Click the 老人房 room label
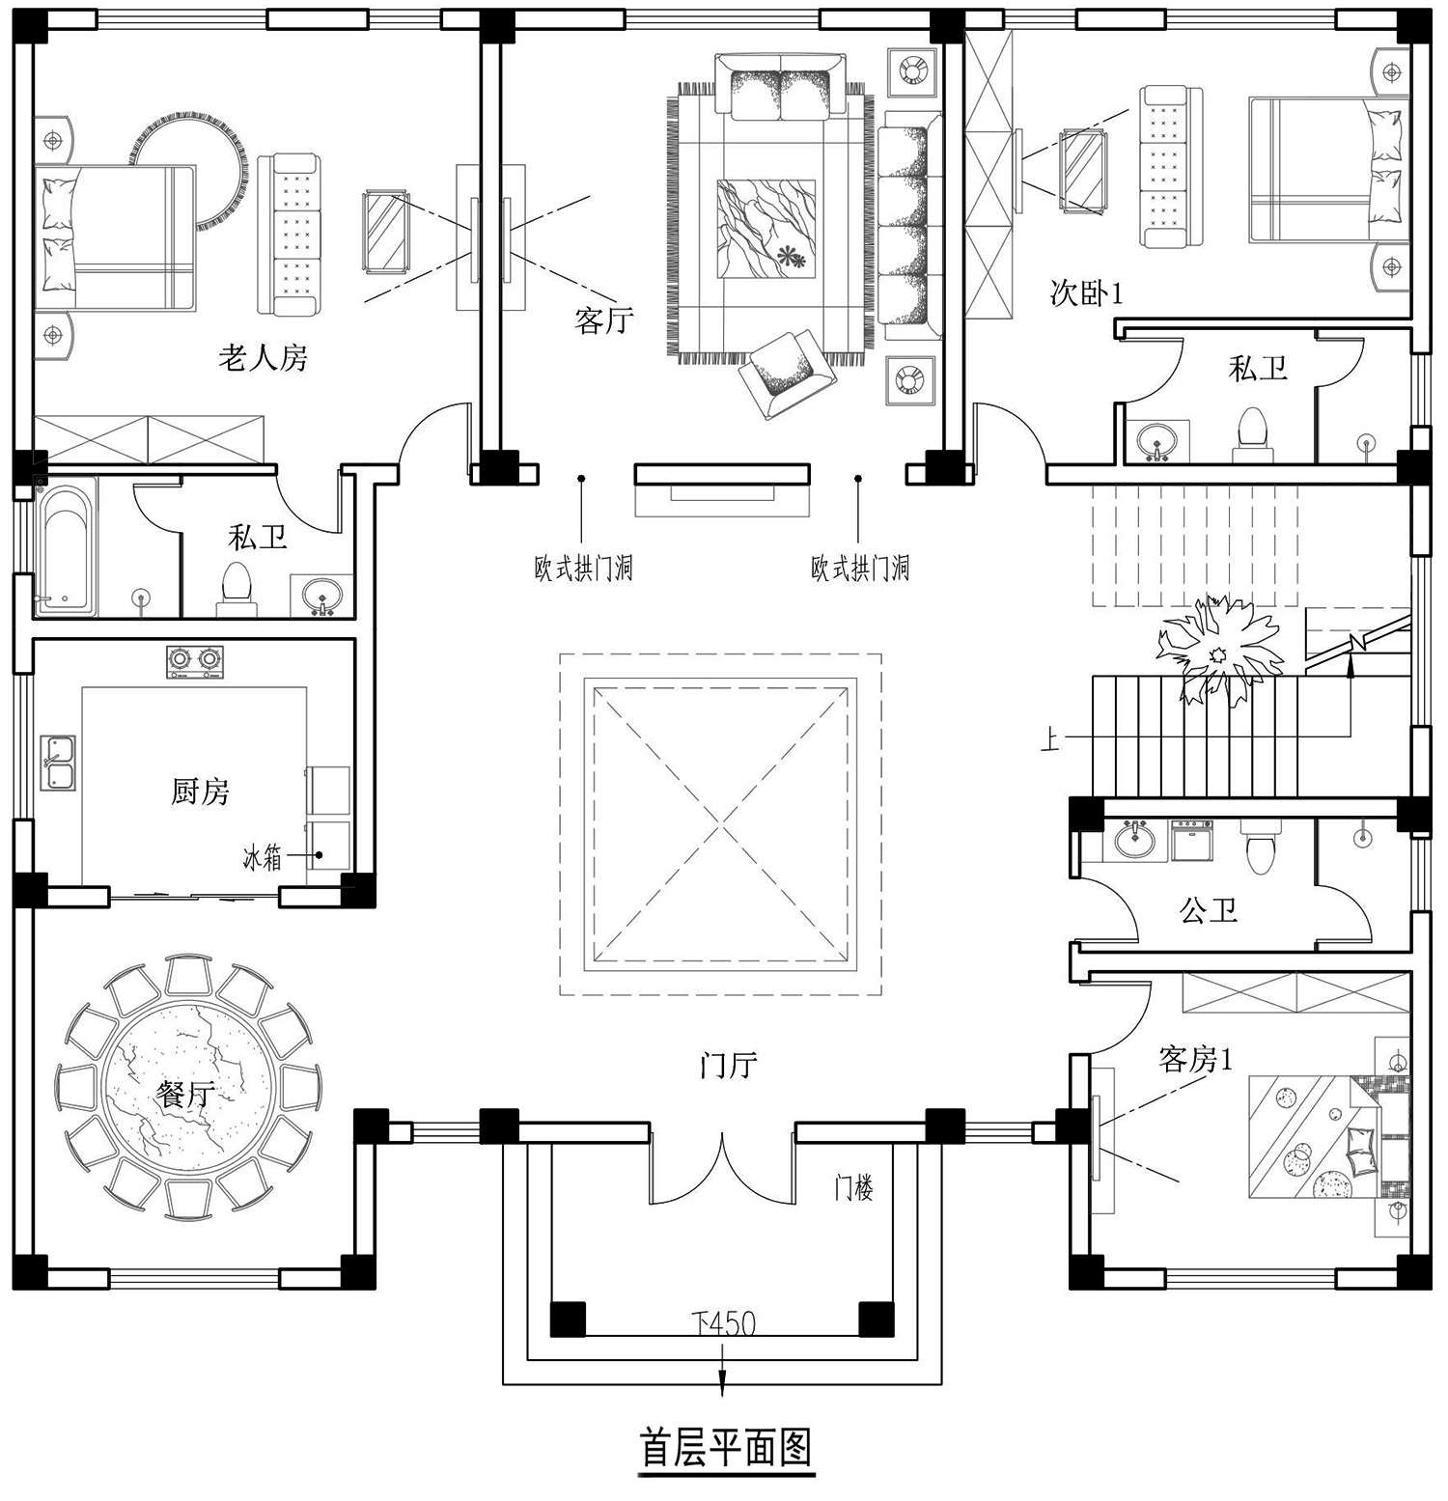coord(263,358)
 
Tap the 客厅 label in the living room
coord(604,320)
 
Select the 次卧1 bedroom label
coord(1086,292)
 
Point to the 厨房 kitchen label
coord(201,792)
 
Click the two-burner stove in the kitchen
coord(193,662)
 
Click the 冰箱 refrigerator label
coord(262,857)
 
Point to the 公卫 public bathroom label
coord(1209,909)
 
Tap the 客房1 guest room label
coord(1196,1061)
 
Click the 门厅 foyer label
coord(729,1066)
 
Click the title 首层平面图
coord(727,1449)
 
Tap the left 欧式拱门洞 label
coord(583,568)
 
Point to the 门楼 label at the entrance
coord(853,1188)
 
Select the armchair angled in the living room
coord(788,373)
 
